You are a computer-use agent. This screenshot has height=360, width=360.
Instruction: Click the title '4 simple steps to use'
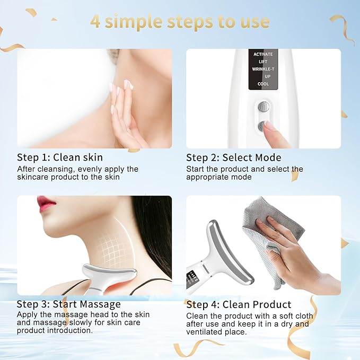click(x=180, y=22)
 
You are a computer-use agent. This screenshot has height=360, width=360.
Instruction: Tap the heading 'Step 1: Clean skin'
click(x=60, y=157)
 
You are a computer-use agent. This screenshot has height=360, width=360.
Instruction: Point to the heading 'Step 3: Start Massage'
click(x=69, y=304)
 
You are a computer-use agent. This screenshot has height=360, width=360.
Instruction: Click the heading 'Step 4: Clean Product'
click(x=239, y=304)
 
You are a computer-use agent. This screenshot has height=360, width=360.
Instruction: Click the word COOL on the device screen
click(x=263, y=84)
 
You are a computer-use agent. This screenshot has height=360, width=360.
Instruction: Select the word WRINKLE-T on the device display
click(x=263, y=69)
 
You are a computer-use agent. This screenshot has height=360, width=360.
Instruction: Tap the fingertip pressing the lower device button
click(x=271, y=127)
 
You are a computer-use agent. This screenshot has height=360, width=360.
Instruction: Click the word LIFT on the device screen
click(x=263, y=62)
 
